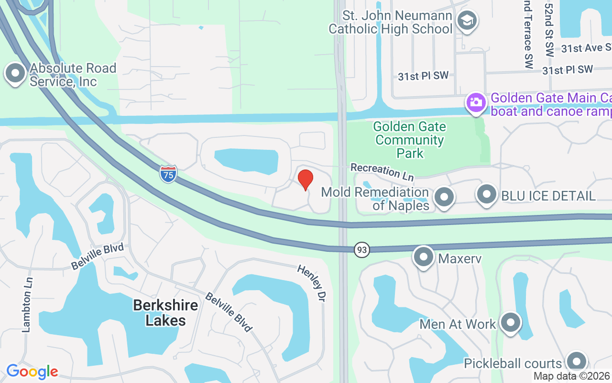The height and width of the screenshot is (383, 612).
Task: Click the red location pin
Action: coord(305,180)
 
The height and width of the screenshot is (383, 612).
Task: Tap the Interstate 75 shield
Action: coord(168,174)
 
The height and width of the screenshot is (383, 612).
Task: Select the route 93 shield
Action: coord(362,249)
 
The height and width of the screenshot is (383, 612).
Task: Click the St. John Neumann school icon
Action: coord(466,22)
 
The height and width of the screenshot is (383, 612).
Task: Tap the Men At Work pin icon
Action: coord(510,323)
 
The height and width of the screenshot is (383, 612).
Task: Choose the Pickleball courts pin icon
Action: coord(576,362)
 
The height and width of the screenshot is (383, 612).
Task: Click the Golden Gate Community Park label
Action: coord(410,140)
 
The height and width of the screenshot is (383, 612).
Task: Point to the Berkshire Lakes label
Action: coord(165,313)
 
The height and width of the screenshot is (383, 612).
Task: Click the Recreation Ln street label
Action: coord(382,172)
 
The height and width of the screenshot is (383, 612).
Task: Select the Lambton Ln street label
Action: coord(27,305)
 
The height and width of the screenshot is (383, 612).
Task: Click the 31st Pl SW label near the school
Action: coord(424,76)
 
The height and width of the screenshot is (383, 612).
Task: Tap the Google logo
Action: coord(32,372)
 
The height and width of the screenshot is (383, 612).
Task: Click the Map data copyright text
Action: coord(571,376)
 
